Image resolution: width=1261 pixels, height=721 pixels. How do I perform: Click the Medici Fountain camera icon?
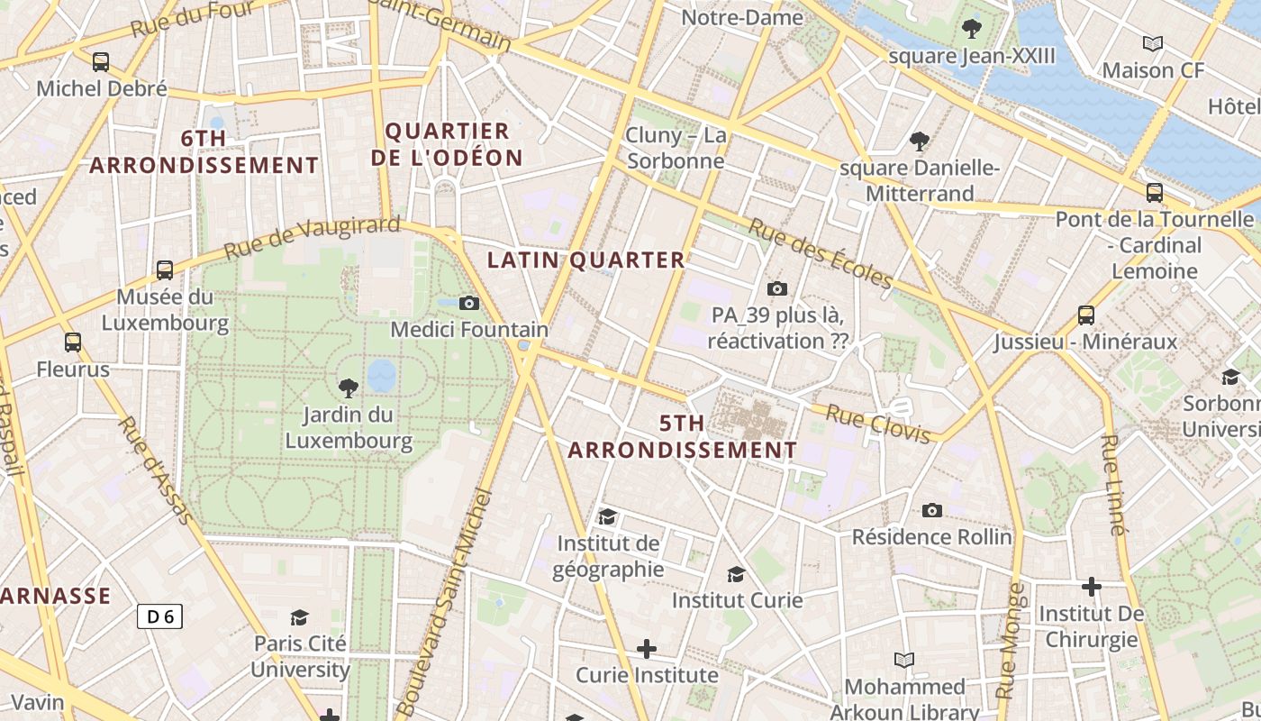coord(469,303)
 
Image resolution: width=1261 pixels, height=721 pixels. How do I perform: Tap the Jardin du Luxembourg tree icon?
coord(348,388)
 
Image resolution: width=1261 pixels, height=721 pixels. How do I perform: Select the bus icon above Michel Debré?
coord(101,62)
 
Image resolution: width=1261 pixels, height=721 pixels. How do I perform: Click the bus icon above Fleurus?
coord(73,342)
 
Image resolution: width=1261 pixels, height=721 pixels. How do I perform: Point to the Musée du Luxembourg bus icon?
coord(165,269)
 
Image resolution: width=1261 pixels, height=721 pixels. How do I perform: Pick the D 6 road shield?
coord(160,616)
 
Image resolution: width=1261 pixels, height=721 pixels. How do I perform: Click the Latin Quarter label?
coord(586,260)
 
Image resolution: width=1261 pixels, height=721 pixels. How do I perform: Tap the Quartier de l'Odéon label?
coord(447,144)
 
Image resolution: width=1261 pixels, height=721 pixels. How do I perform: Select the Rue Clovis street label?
coord(878,424)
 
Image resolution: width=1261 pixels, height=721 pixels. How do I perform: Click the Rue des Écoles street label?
coord(820,253)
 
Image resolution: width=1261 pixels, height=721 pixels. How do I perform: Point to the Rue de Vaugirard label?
coord(311,236)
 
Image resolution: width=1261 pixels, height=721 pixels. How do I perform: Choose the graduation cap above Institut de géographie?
coord(608,516)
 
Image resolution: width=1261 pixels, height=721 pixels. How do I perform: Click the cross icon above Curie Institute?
coord(646,648)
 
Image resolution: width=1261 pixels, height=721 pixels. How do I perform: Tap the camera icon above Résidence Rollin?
coord(932,511)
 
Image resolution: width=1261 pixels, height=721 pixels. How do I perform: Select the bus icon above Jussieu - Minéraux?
coord(1086,315)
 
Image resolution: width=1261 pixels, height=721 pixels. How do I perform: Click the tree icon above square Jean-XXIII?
coord(971,29)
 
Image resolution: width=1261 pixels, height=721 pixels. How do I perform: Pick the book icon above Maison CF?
coord(1152,43)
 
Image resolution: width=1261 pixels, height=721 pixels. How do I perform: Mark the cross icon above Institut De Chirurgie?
coord(1092,588)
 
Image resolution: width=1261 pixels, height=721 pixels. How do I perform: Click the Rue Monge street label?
coord(1010,640)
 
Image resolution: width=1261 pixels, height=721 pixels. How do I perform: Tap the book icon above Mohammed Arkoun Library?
coord(903,660)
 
